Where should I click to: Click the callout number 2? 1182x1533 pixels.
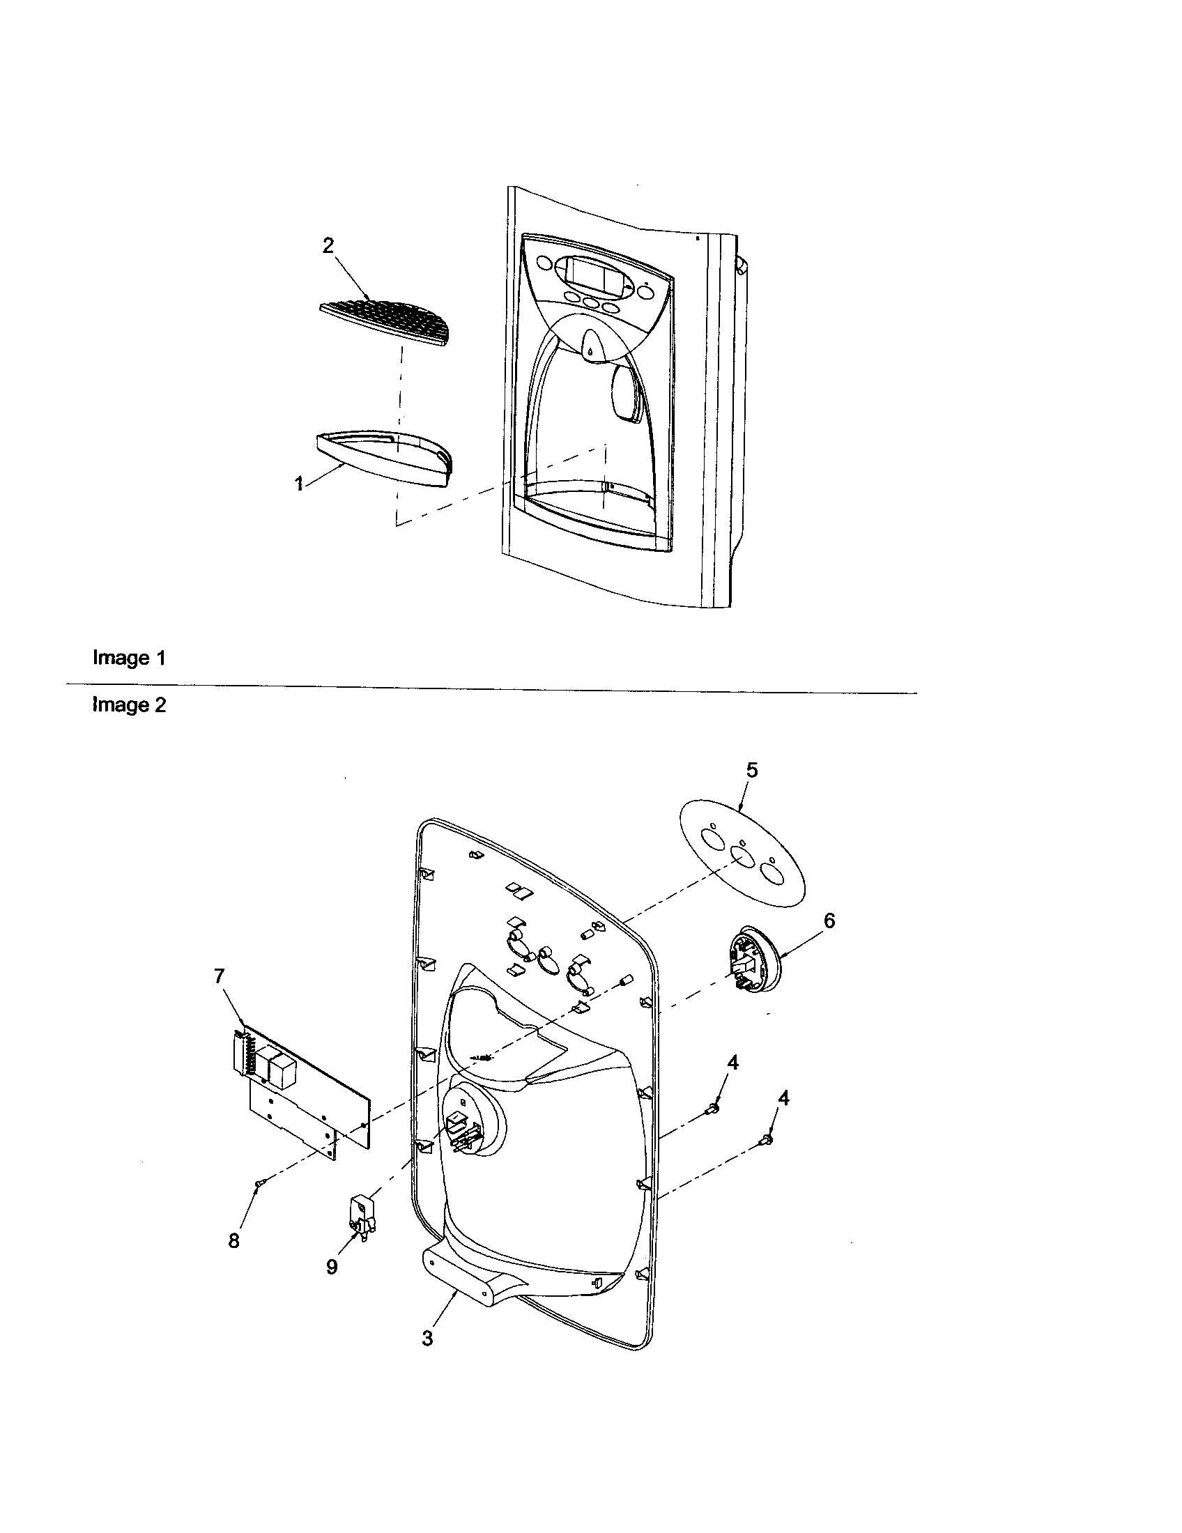[328, 247]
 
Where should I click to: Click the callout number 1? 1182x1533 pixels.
[299, 483]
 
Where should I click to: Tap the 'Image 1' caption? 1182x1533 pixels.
[129, 658]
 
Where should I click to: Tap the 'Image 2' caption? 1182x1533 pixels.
[129, 704]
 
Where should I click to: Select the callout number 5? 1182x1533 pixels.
[752, 770]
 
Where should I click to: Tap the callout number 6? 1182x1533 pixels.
[829, 920]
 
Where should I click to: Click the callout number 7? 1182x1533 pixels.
[220, 976]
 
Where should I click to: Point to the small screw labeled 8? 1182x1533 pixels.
[259, 1184]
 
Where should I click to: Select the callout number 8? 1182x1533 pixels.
[233, 1240]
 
